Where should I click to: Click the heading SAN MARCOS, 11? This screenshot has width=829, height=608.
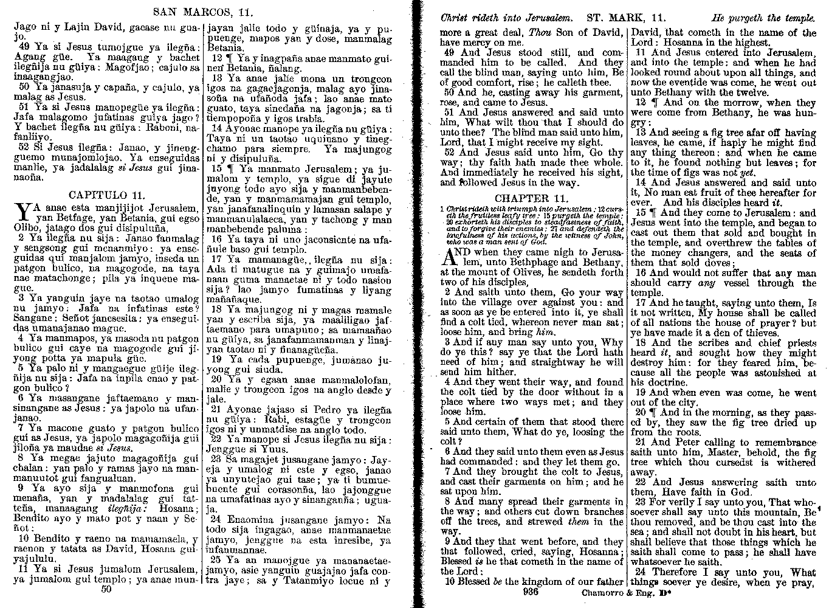pos(203,12)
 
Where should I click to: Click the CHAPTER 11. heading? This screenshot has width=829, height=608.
pos(531,198)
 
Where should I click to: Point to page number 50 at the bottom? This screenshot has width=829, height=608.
pos(106,588)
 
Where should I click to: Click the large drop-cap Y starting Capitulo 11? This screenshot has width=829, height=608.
pos(21,212)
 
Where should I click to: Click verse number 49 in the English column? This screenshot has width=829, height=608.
pos(450,53)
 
